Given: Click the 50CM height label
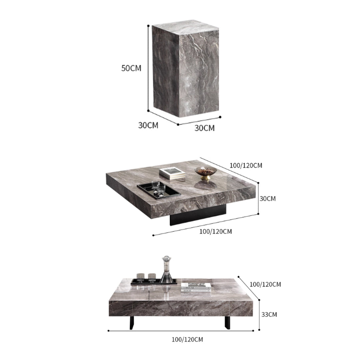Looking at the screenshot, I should [x=131, y=68].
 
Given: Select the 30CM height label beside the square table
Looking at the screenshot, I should [x=268, y=198].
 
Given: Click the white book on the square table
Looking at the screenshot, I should [x=172, y=173].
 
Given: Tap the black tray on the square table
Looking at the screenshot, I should [x=159, y=191].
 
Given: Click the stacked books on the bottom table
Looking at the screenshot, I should [x=196, y=287].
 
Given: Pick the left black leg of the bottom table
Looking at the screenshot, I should [x=132, y=323].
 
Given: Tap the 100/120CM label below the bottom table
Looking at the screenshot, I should [x=187, y=340].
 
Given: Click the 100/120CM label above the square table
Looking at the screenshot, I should [x=246, y=165].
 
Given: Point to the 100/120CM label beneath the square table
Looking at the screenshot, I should [x=215, y=231].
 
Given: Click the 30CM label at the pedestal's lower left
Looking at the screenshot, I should [x=148, y=125].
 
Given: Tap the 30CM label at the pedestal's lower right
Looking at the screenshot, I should [x=205, y=128].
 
